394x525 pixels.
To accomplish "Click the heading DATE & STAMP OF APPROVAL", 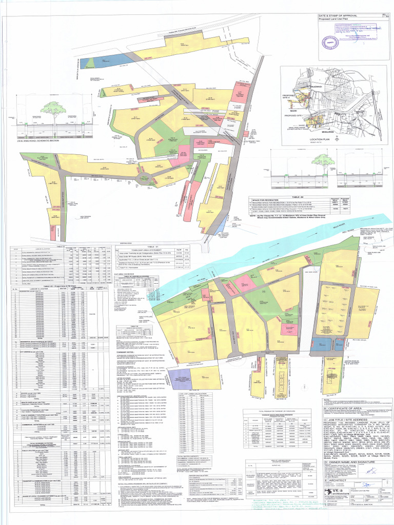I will coord(337,17).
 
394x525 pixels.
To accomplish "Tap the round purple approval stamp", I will coord(332,42).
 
